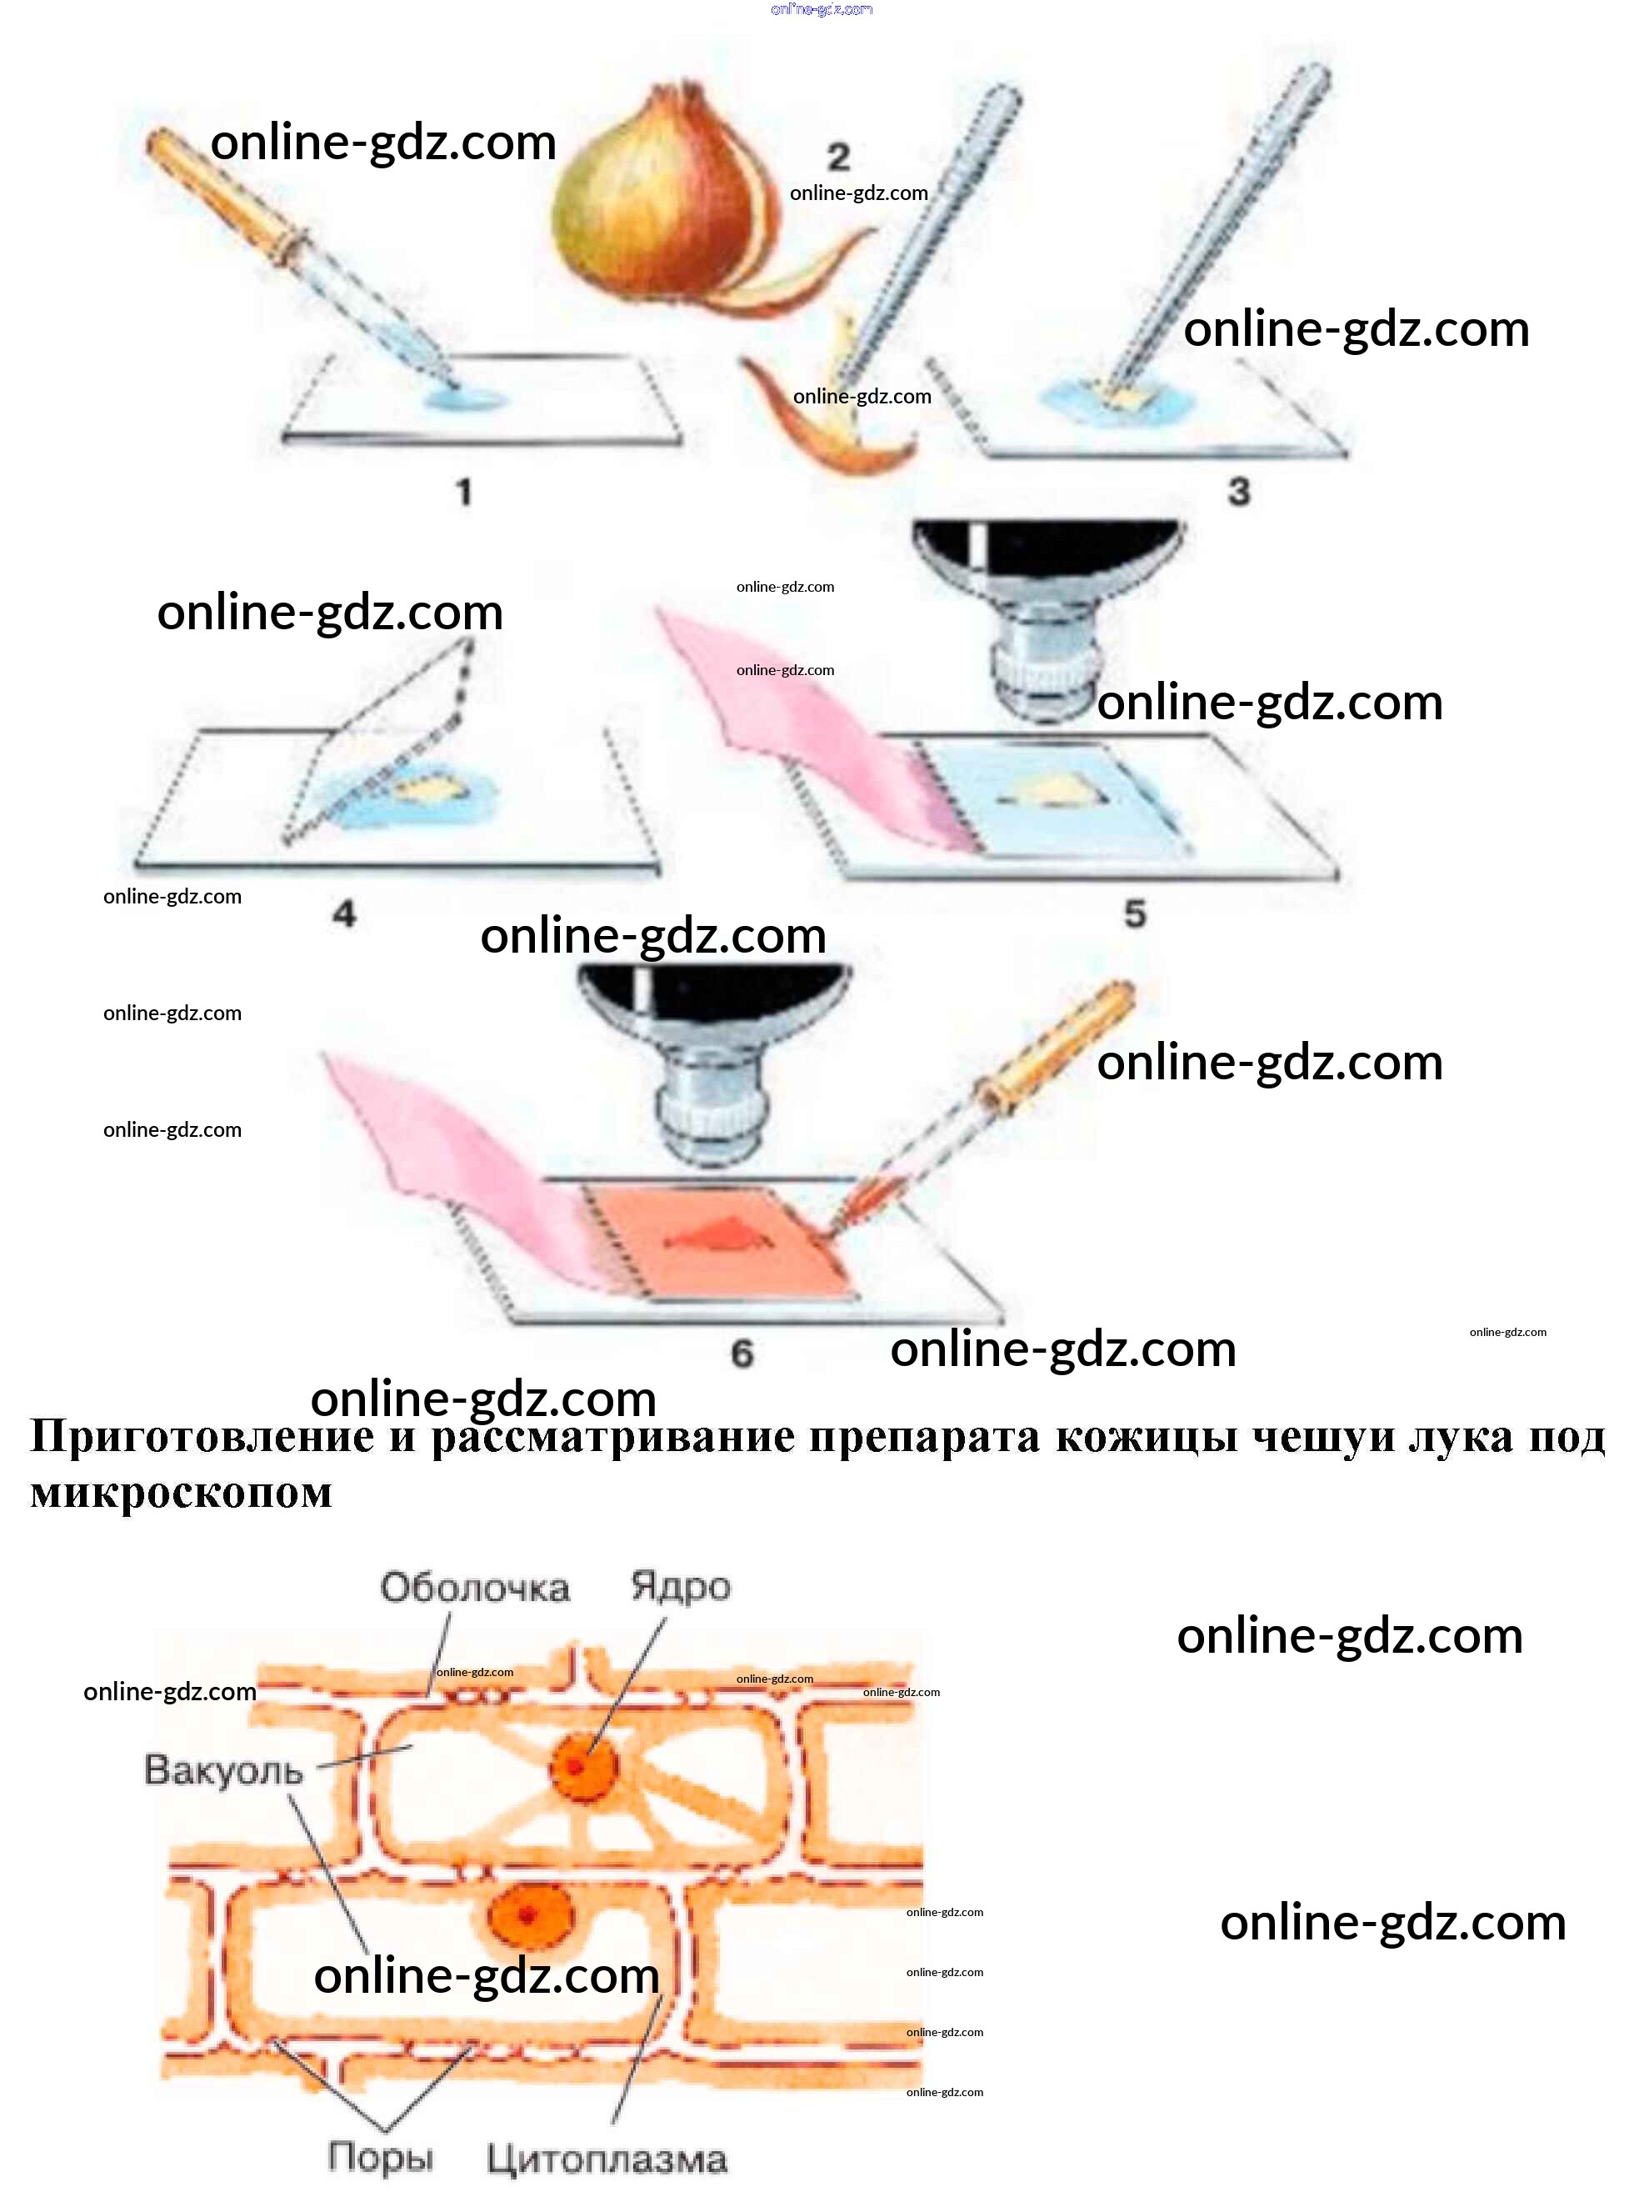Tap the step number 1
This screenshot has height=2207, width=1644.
pyautogui.click(x=464, y=492)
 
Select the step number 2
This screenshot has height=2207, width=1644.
pyautogui.click(x=839, y=157)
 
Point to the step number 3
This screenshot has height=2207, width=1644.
pyautogui.click(x=1239, y=491)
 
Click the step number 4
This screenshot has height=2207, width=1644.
pyautogui.click(x=344, y=913)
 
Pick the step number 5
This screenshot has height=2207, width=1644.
pyautogui.click(x=1136, y=913)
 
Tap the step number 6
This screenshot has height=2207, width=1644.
pyautogui.click(x=742, y=1353)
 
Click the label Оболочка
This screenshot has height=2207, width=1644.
pyautogui.click(x=475, y=1588)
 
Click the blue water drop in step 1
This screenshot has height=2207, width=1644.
pyautogui.click(x=462, y=398)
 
